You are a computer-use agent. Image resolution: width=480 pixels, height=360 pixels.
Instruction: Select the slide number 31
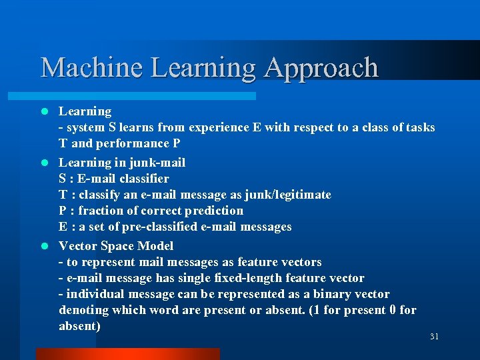(x=434, y=337)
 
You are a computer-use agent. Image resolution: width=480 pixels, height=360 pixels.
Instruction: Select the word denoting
(x=83, y=310)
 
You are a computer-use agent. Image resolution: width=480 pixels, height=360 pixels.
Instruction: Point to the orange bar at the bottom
(x=127, y=354)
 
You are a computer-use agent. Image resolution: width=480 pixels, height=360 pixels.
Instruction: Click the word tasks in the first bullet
(x=419, y=127)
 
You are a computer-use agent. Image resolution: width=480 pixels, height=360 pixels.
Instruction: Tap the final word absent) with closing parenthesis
(x=80, y=326)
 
